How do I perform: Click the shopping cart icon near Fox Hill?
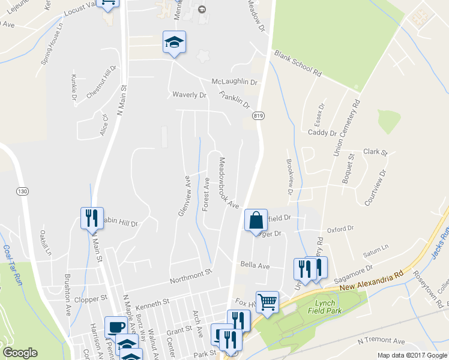[267, 301]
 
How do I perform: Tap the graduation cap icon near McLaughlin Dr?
[174, 43]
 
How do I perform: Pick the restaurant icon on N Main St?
[92, 218]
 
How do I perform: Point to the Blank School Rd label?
[298, 63]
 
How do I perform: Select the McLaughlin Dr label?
[234, 82]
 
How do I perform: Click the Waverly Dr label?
[189, 95]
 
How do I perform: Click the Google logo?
[20, 353]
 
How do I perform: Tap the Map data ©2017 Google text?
[412, 355]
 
